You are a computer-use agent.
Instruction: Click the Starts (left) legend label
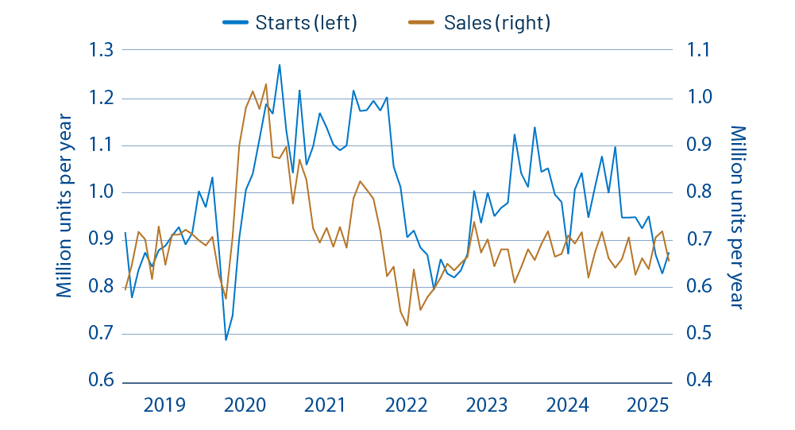(x=306, y=22)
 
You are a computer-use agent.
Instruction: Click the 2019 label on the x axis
(x=164, y=405)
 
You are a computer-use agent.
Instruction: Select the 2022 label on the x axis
(x=406, y=405)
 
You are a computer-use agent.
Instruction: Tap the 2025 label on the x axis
(x=648, y=405)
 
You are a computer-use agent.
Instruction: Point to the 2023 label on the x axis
(x=487, y=405)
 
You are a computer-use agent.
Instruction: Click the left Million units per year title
(x=65, y=206)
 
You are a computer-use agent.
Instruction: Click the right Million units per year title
(x=738, y=216)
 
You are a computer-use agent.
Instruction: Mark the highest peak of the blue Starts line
(x=280, y=64)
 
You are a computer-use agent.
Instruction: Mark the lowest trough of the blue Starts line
(x=226, y=340)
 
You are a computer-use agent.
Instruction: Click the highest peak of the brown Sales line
(x=266, y=83)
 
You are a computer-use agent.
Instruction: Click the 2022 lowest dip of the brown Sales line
(x=407, y=326)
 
